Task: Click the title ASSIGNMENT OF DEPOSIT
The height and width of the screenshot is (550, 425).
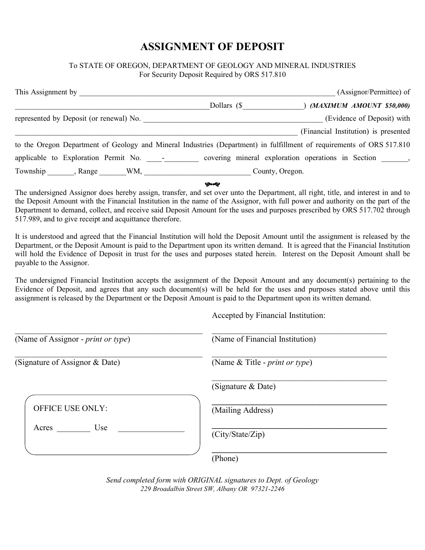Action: point(212,47)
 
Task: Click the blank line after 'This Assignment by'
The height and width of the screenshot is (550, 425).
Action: point(207,93)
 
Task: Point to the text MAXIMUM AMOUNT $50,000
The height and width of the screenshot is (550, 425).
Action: point(360,106)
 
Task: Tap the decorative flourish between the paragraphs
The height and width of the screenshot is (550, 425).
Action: point(212,184)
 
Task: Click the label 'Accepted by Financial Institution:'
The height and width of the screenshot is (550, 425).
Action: point(268,316)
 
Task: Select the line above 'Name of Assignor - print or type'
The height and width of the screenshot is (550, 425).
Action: point(109,333)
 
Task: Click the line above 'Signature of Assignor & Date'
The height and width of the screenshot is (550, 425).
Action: point(109,356)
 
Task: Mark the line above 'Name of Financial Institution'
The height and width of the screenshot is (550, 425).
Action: point(299,333)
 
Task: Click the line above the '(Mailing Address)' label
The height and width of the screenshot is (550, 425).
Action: point(299,404)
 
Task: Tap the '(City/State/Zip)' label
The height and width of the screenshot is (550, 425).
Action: point(238,435)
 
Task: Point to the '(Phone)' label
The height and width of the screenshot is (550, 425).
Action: point(225,458)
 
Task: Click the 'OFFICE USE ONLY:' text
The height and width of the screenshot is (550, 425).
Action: point(71,408)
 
